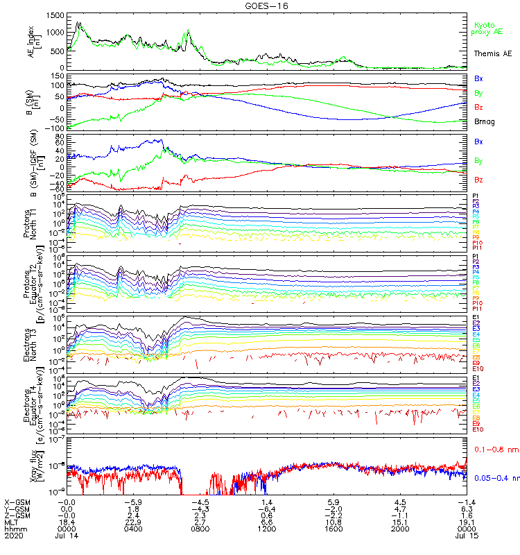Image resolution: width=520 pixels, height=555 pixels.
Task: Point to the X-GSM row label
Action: [17, 501]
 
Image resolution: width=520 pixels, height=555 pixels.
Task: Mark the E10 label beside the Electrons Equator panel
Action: [477, 429]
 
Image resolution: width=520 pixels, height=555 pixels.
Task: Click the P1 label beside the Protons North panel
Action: [475, 196]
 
